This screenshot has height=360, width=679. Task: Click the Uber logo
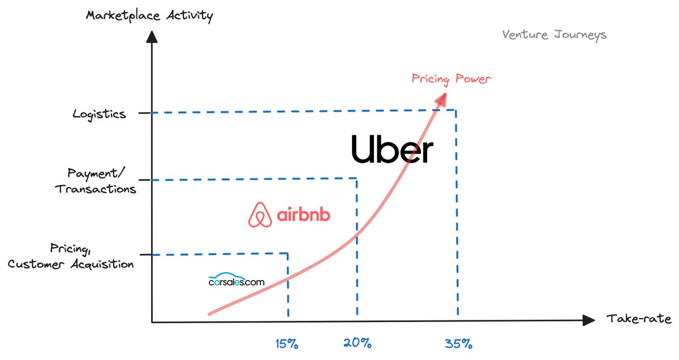click(x=392, y=149)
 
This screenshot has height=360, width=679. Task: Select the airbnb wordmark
click(x=303, y=215)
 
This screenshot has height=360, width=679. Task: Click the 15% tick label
click(x=287, y=344)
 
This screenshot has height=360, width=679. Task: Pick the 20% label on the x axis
click(x=357, y=342)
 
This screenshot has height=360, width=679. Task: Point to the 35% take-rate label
click(x=458, y=343)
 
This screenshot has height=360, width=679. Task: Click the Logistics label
click(x=99, y=114)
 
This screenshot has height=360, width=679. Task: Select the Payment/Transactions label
click(x=96, y=181)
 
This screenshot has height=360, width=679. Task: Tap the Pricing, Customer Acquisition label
click(x=71, y=256)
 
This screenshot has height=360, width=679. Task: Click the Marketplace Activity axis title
click(x=149, y=15)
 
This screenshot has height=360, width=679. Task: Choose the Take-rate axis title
click(x=639, y=318)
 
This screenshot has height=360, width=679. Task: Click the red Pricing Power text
click(x=451, y=78)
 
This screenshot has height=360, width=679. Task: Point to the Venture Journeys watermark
click(x=554, y=35)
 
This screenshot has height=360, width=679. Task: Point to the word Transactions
click(x=96, y=188)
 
